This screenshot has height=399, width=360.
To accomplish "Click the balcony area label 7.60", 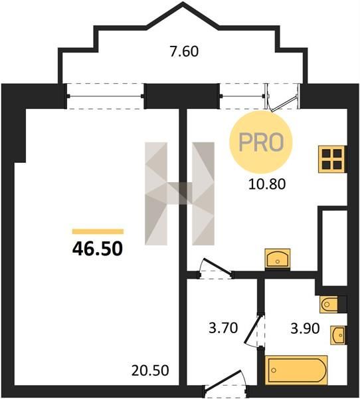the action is pos(184,52).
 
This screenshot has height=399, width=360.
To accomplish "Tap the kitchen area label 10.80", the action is pos(267,184).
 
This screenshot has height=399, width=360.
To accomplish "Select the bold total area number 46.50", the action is pos(98,249).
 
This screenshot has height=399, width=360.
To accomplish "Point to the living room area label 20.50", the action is pos(150,370).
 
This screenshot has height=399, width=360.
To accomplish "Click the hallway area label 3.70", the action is pos(223,328).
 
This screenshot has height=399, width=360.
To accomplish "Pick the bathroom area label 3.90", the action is pos(305,329).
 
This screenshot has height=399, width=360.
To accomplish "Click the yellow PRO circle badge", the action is pos(261,142).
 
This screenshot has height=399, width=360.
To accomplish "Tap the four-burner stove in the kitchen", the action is pos(332,160).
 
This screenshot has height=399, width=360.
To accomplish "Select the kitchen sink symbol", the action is pos(278,258).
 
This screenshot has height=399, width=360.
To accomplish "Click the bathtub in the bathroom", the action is pos(296,370).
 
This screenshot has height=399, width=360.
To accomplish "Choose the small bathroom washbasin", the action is pos(338,335).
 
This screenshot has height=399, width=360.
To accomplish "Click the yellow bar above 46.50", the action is pos(98,231).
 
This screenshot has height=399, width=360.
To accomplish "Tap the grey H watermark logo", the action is pos(179,194).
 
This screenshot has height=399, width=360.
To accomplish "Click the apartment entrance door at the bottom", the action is pos(225,384).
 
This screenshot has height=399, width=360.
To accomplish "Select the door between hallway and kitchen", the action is pos(216,270).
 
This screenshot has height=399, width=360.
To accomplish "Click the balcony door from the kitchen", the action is pos(282,97).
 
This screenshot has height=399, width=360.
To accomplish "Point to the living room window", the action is pos(105,96).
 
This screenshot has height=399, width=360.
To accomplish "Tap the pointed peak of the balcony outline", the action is pos(183,4).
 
